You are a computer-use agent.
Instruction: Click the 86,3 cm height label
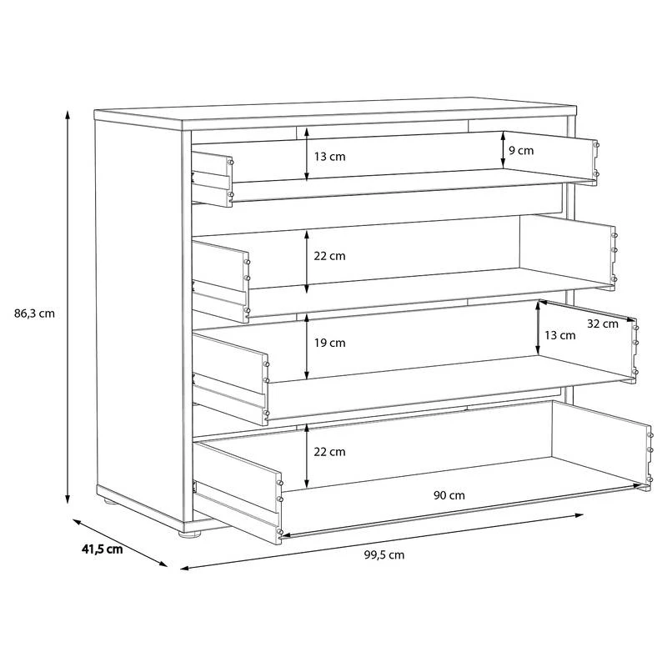coord(34,314)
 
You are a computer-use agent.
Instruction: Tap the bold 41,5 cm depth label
coord(102,549)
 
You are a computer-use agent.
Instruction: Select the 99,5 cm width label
coord(384,554)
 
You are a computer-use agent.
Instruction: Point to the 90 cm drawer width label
coord(449,495)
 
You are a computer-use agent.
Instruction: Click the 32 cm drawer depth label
coord(603,323)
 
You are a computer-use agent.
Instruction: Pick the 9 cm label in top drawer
coord(521,151)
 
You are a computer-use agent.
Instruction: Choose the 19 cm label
coord(329,343)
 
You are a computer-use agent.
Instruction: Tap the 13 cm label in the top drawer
coord(329,157)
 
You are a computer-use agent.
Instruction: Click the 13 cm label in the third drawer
coord(559,335)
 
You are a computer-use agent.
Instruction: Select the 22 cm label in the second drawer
coord(329,256)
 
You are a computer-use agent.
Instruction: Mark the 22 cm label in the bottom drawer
coord(329,452)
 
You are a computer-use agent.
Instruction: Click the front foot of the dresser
coord(189,534)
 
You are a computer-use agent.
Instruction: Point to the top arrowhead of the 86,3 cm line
coord(68,114)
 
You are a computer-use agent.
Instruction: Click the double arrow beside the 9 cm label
coord(504,149)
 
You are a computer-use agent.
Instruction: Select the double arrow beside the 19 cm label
coord(307,348)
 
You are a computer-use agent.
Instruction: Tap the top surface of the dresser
coord(335,112)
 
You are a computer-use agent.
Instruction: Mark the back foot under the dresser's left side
coord(110,501)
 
